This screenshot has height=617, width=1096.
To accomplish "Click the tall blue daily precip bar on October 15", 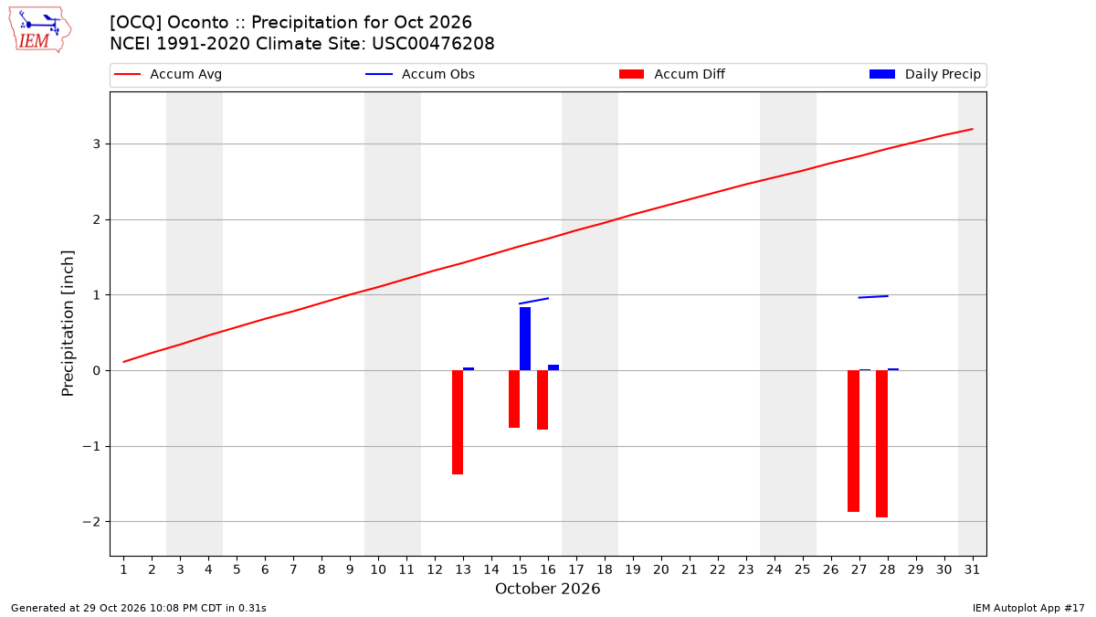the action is [525, 339].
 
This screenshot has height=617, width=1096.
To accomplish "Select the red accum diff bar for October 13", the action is [458, 422].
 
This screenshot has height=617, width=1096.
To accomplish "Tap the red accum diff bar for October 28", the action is [881, 443].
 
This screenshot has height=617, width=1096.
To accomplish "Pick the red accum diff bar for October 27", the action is [853, 441].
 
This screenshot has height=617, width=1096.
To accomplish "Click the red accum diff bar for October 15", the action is [514, 399].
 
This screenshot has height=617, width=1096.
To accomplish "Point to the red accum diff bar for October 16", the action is [543, 400].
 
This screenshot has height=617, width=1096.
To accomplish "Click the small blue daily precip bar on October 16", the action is [553, 367].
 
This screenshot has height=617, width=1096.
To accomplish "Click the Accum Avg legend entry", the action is [168, 74].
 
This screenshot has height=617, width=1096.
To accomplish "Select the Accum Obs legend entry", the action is [420, 74].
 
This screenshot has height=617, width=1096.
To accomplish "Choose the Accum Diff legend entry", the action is [672, 74].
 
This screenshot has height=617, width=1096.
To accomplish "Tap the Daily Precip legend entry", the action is [924, 74].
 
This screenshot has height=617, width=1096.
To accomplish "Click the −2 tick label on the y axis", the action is [91, 522].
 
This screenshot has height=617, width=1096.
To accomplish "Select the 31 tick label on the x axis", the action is [972, 569].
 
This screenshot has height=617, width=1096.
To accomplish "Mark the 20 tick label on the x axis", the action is [661, 569].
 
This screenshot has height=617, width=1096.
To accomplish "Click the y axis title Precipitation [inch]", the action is [68, 324].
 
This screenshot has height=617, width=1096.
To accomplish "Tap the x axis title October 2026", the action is [547, 589].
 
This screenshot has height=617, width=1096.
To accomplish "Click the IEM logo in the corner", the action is [39, 30].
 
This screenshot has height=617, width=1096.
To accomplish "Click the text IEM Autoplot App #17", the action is [1028, 608].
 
